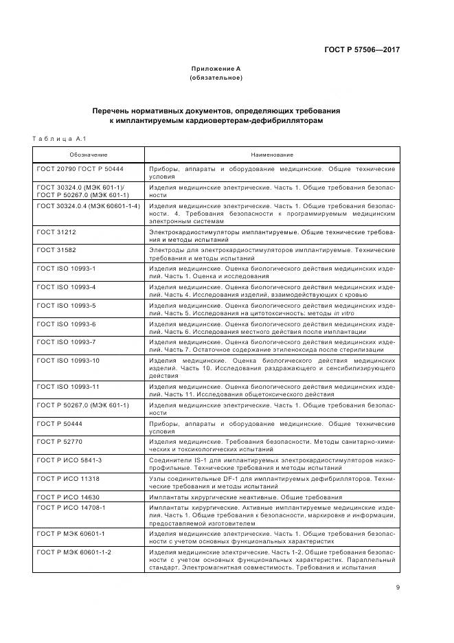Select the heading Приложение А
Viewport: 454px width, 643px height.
click(216, 69)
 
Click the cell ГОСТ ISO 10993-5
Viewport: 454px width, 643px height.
click(66, 304)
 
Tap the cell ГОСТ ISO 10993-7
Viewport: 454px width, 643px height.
click(66, 341)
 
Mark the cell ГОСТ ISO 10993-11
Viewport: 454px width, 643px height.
click(68, 387)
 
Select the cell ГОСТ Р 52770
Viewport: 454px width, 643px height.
click(60, 441)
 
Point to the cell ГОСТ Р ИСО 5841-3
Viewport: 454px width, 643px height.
click(69, 459)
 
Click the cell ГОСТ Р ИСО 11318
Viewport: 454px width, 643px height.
click(68, 477)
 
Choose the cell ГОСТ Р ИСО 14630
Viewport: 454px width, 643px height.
click(68, 495)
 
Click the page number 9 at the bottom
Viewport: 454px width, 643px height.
click(398, 587)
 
